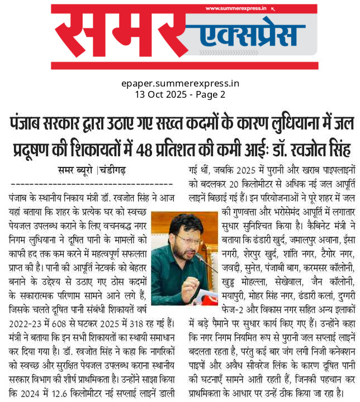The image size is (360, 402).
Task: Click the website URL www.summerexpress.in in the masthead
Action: (236, 8)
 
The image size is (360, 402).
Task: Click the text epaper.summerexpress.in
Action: (180, 84)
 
